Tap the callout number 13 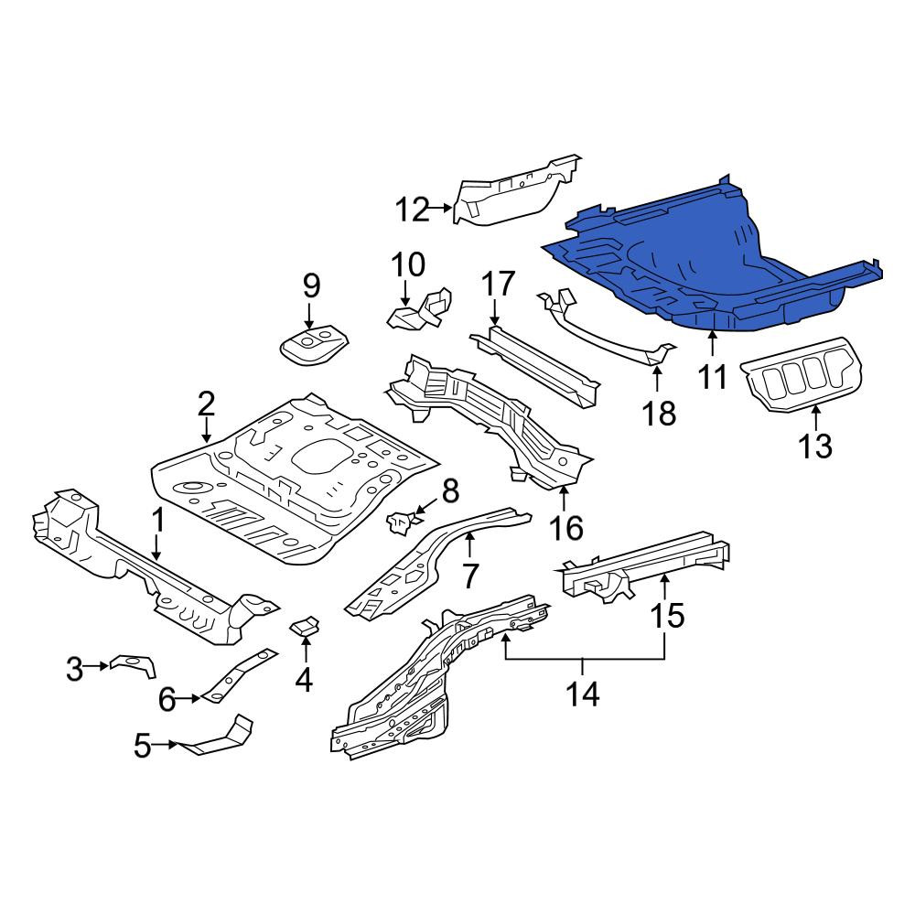(815, 447)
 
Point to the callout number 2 (206, 404)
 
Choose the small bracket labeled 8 (402, 521)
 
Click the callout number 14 (583, 694)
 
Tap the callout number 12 (413, 210)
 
